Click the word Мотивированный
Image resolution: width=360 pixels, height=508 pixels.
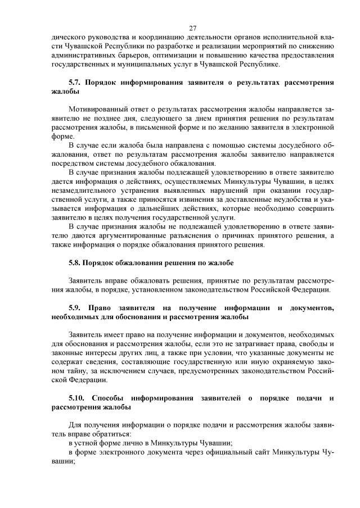pos(95,109)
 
